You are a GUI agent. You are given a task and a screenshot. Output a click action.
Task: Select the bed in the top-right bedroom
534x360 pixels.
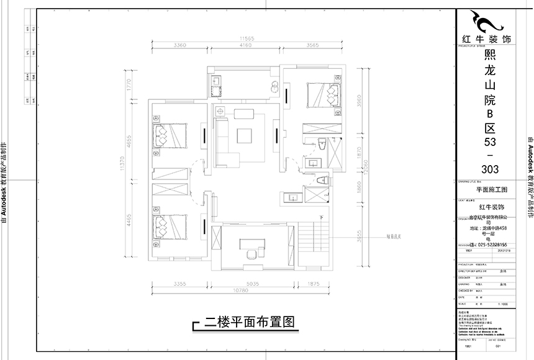pyautogui.click(x=325, y=95)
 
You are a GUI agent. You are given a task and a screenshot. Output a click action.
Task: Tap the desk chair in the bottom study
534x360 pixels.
pyautogui.click(x=251, y=255)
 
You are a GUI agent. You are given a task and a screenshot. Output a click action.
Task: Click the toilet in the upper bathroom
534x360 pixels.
pyautogui.click(x=321, y=144)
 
